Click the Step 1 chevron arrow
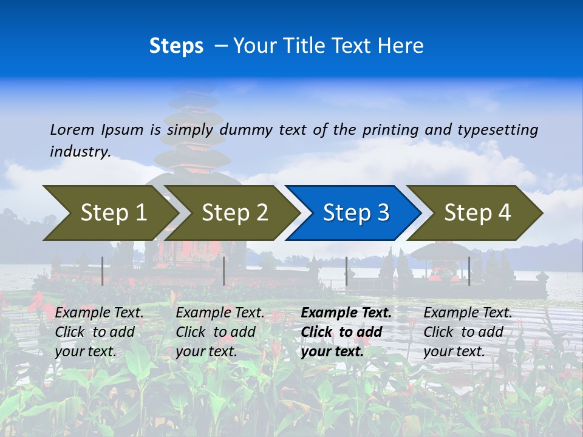109,212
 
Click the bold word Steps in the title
176,46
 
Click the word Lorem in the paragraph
72,129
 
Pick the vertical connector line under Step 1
102,271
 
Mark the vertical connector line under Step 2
224,271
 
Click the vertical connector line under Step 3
346,271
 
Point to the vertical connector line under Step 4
469,271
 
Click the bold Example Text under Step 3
346,313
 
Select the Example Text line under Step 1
100,313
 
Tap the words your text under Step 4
454,351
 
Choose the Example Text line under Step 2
220,313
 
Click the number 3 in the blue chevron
383,212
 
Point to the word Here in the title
401,46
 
